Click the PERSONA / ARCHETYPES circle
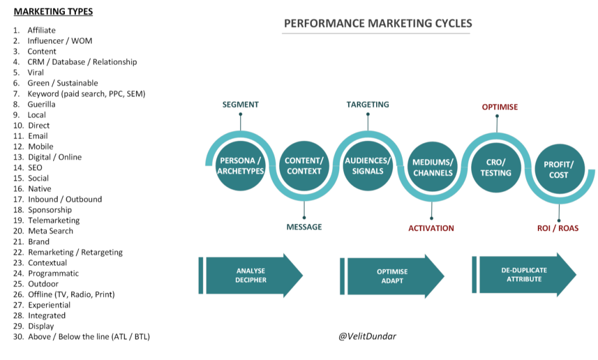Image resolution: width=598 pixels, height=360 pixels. tap(240, 167)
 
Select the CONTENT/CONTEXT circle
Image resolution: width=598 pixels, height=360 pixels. tap(304, 167)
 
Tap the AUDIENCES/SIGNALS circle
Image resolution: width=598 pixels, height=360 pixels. tap(368, 166)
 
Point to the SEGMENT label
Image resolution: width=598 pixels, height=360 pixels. tap(240, 105)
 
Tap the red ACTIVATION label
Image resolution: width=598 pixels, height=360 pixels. tap(431, 228)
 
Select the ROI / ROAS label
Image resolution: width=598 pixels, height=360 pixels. tap(558, 228)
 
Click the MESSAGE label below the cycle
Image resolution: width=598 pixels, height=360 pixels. tap(304, 227)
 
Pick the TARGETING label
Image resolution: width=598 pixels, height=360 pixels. tap(367, 105)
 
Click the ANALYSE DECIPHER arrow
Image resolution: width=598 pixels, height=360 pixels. tap(251, 275)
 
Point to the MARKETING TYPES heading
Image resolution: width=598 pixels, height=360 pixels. tap(54, 12)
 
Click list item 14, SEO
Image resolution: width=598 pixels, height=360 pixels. tap(34, 168)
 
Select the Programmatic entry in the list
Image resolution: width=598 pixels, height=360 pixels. tap(53, 274)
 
